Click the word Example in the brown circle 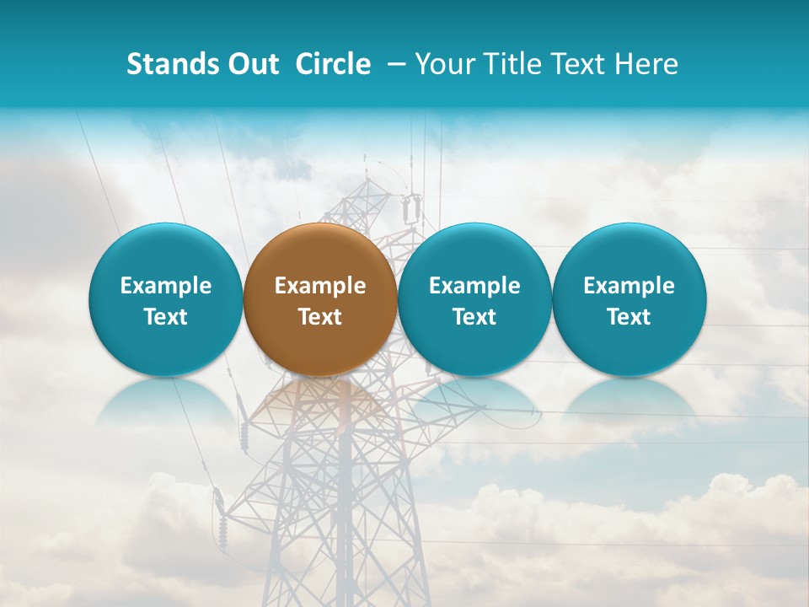tap(320, 286)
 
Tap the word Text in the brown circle tap(320, 317)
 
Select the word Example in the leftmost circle tap(165, 286)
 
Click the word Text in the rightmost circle tap(629, 317)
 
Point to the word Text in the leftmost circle tap(165, 317)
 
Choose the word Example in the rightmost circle tap(629, 286)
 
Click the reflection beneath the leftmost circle tap(165, 400)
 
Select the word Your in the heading tap(442, 64)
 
